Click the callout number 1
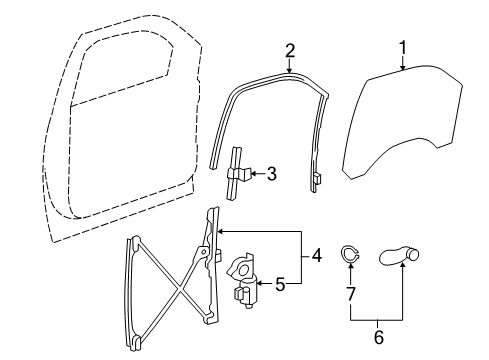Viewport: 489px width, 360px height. (x=404, y=46)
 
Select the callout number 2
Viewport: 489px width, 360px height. (x=290, y=49)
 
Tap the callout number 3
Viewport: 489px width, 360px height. (x=271, y=173)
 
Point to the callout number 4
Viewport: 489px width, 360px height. (x=317, y=256)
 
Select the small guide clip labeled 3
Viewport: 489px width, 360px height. (x=237, y=171)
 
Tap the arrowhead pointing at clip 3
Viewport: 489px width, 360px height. (x=251, y=173)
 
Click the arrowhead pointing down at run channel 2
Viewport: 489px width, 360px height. (x=289, y=69)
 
